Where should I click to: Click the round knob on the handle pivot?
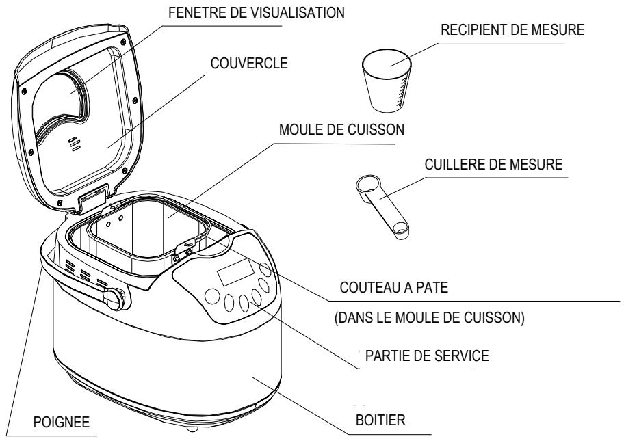coord(114,298)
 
